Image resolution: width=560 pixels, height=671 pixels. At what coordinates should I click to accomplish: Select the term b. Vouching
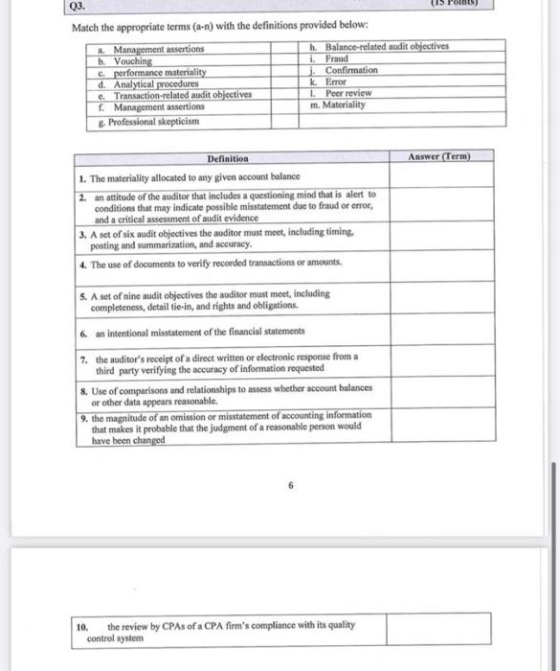pos(132,59)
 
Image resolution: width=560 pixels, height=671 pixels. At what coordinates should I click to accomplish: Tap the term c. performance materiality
pos(159,72)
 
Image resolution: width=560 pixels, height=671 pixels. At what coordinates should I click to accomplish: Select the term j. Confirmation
pos(346,70)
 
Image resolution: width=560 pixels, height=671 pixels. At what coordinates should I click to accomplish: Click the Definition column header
pos(227,157)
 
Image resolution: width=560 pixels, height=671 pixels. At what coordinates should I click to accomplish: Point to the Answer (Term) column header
pos(439,155)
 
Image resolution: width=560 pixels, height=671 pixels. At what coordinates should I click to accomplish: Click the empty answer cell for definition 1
pos(440,177)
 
